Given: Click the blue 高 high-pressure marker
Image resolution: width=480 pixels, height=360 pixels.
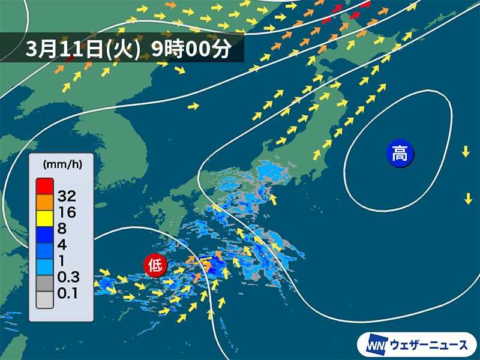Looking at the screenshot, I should (400, 153).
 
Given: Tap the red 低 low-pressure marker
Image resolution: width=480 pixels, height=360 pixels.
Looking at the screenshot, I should (155, 265).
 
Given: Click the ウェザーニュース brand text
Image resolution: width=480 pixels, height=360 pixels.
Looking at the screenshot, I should (428, 345).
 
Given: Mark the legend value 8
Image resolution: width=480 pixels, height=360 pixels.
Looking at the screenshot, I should (62, 228).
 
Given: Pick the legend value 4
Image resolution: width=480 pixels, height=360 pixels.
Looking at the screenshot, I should (62, 245).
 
